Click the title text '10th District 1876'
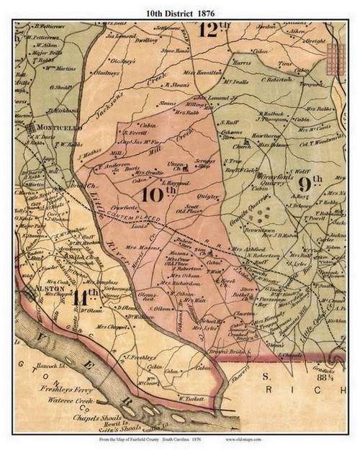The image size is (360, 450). pos(181,9)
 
